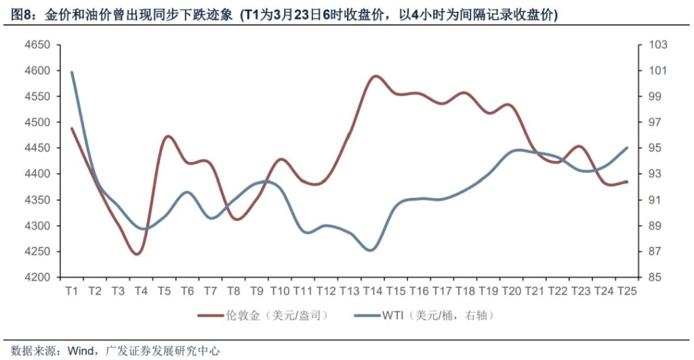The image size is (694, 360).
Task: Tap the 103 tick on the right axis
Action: [x=658, y=45]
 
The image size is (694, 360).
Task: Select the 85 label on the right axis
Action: [x=656, y=277]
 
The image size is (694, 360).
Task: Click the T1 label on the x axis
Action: [x=72, y=291]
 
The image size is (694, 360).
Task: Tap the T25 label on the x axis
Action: [x=627, y=291]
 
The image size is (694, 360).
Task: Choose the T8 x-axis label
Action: [x=233, y=291]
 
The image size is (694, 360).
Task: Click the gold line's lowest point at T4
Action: [x=138, y=254]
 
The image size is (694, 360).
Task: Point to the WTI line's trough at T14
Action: [x=371, y=250]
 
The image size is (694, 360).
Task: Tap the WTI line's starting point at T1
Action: [x=72, y=72]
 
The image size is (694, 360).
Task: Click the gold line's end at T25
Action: [x=627, y=182]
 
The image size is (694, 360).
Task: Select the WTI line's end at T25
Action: [x=627, y=148]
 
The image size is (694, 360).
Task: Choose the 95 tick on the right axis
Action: [x=656, y=148]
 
